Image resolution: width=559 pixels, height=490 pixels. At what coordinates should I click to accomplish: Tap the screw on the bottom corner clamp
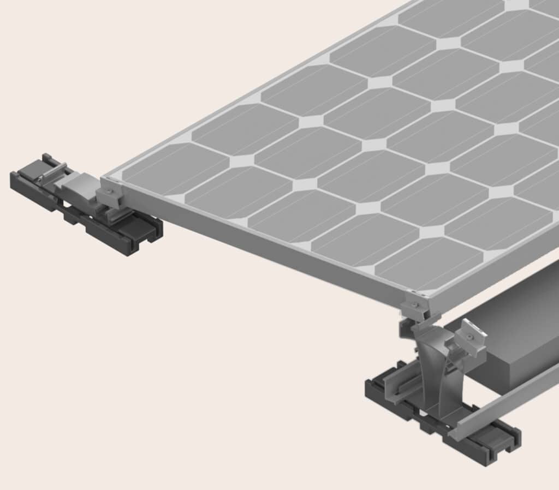(415, 304)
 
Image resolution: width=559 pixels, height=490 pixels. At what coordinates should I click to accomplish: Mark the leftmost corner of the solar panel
(104, 178)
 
